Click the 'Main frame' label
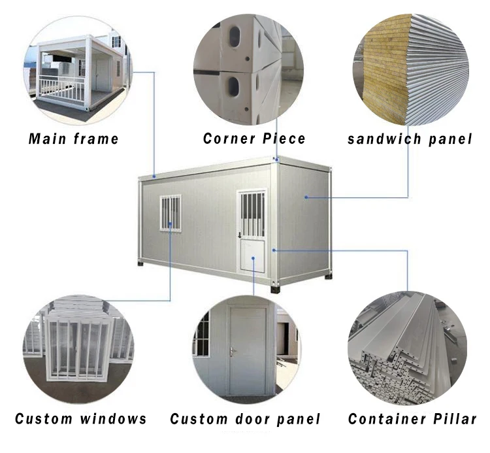(x=74, y=139)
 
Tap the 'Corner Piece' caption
(x=253, y=139)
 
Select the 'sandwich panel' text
(x=410, y=139)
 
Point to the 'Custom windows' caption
(x=81, y=418)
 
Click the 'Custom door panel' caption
(x=246, y=418)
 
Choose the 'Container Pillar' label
(x=412, y=418)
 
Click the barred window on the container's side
(x=171, y=213)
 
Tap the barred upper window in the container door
(x=252, y=213)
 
